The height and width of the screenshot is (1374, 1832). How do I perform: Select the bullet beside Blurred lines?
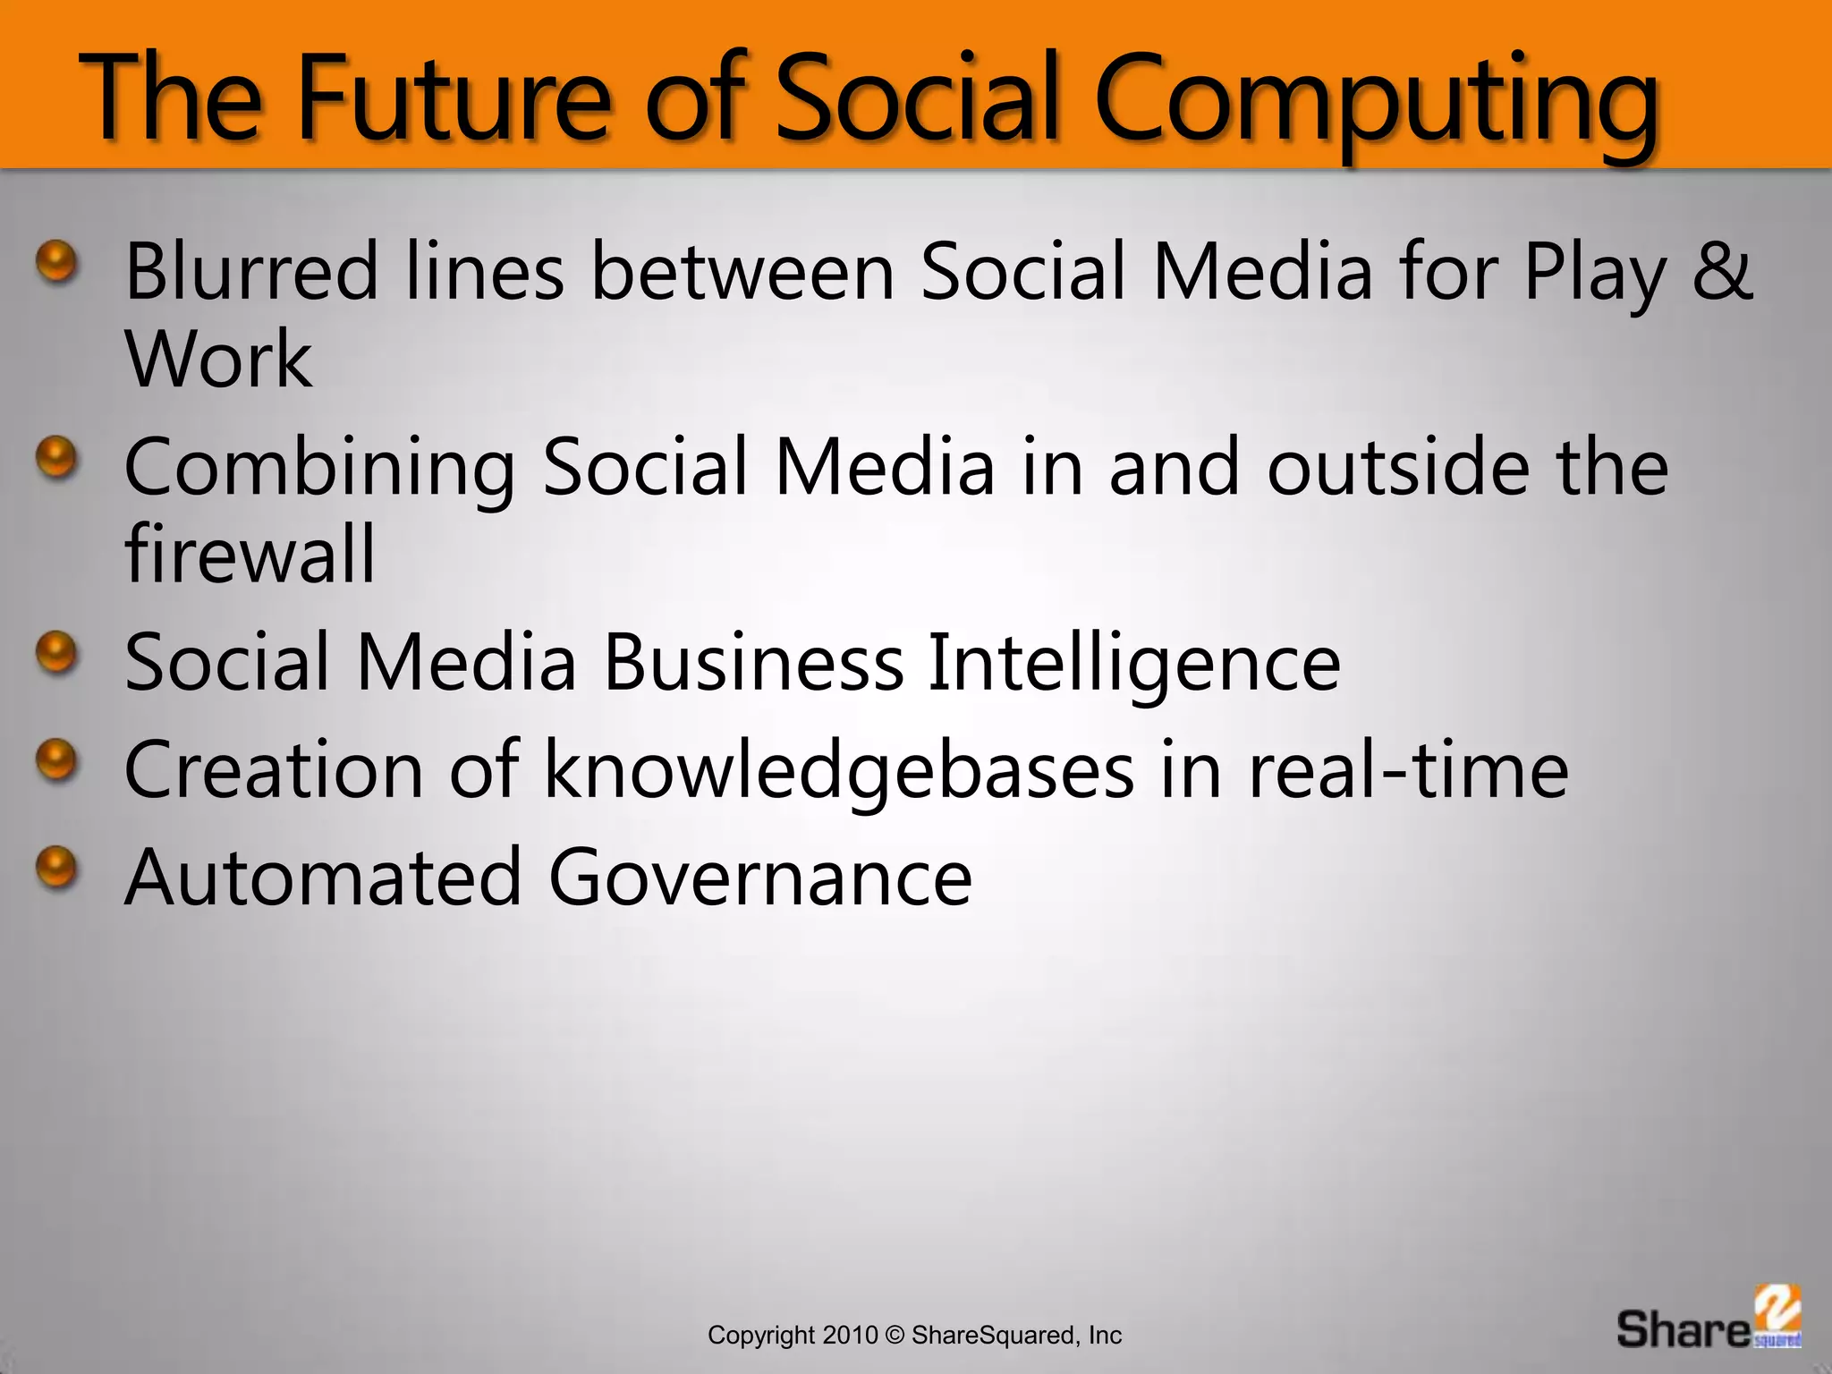click(57, 262)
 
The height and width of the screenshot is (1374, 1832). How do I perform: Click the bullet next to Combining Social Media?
click(57, 458)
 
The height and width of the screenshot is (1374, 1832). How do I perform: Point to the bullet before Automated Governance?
click(57, 867)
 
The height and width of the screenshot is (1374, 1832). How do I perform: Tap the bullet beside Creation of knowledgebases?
click(57, 760)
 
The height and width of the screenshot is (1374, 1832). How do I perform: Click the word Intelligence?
click(1133, 664)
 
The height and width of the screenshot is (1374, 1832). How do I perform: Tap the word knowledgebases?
click(838, 770)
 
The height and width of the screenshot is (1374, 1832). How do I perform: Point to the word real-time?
click(1407, 769)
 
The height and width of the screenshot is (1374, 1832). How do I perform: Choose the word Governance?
click(759, 877)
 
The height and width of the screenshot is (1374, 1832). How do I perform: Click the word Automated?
click(323, 877)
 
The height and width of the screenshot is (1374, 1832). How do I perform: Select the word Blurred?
click(251, 270)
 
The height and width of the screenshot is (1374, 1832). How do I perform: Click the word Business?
click(754, 662)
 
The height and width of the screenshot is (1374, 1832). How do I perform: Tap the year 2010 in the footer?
click(850, 1336)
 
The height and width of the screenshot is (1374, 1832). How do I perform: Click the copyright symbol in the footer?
click(895, 1336)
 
